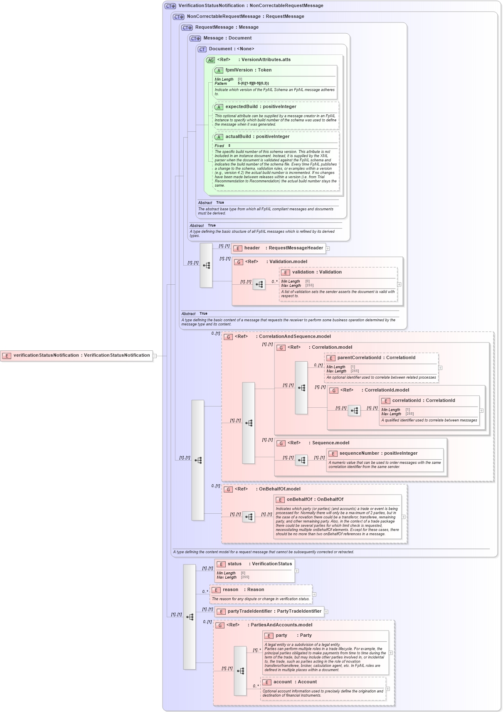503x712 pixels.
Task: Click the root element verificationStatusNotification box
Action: [77, 355]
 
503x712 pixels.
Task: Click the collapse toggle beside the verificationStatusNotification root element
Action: [155, 356]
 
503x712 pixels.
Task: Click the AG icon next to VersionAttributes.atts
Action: [211, 60]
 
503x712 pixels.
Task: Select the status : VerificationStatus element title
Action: [259, 564]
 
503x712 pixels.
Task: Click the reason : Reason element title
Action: [243, 590]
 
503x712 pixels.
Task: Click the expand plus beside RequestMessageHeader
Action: [328, 249]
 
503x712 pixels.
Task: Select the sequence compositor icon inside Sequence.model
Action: [301, 460]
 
